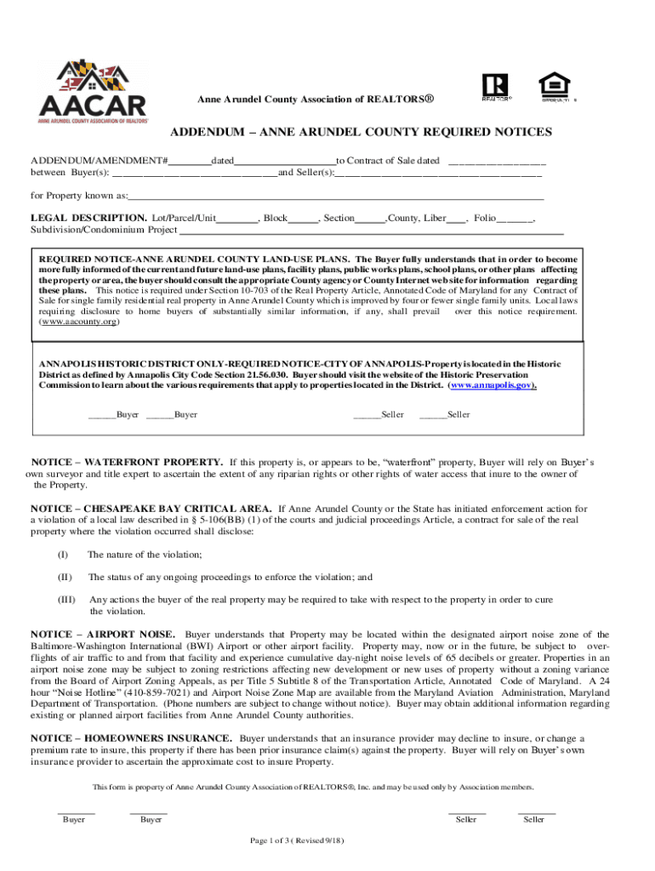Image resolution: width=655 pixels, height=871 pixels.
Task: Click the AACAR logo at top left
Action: (x=93, y=92)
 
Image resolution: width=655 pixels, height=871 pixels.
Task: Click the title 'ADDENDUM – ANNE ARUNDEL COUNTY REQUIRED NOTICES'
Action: (x=361, y=133)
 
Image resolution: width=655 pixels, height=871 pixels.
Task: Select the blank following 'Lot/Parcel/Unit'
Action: (x=237, y=219)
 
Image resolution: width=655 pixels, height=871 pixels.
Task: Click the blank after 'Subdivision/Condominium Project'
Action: (x=371, y=230)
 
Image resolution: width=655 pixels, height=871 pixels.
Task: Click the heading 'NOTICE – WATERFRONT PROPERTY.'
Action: (x=128, y=462)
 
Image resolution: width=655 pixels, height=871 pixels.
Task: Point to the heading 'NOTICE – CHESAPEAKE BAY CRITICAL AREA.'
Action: (x=151, y=509)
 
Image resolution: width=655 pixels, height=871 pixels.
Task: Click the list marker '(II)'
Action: (x=63, y=577)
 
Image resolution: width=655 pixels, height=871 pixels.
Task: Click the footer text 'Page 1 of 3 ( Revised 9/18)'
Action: (x=297, y=841)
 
